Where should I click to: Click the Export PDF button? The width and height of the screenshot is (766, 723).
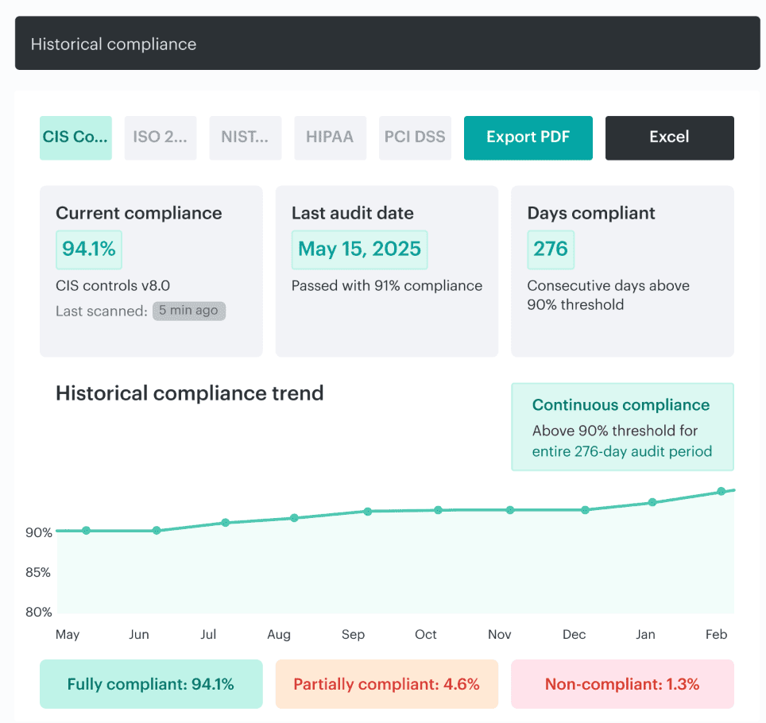click(x=528, y=137)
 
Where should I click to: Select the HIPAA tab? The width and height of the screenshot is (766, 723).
click(x=330, y=137)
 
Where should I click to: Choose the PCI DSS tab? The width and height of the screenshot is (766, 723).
click(x=415, y=137)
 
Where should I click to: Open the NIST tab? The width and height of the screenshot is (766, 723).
click(x=245, y=137)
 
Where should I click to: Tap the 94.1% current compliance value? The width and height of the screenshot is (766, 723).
click(x=88, y=249)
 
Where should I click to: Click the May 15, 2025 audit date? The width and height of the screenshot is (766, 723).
click(x=359, y=249)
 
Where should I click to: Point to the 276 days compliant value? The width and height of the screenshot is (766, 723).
click(x=550, y=249)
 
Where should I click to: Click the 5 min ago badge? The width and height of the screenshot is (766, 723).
click(x=189, y=311)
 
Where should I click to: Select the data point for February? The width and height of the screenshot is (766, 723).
click(x=722, y=491)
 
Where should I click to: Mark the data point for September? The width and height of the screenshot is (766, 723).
click(x=367, y=512)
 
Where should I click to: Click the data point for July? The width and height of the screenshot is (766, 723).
click(x=226, y=523)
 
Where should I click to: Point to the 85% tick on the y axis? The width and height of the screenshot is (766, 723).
click(x=38, y=572)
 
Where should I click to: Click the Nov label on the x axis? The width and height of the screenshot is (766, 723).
click(x=500, y=634)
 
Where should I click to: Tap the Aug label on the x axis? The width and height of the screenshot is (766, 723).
click(x=279, y=634)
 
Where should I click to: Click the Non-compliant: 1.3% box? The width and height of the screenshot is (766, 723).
click(x=621, y=684)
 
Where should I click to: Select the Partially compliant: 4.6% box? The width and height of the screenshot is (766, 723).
click(x=386, y=684)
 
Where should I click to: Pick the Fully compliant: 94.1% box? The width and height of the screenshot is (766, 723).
click(x=150, y=684)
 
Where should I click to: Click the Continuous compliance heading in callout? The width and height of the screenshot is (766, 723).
click(x=621, y=405)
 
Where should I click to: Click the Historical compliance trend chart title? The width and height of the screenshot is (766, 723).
click(x=189, y=393)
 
